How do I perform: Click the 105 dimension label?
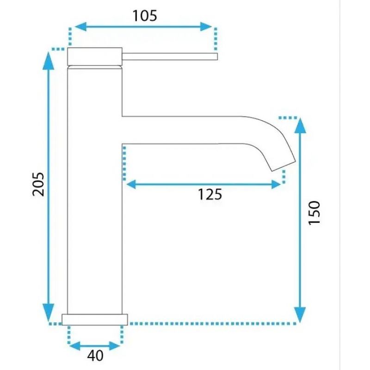click(145, 16)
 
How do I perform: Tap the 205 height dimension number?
click(38, 184)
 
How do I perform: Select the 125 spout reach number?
click(210, 194)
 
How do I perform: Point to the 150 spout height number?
click(314, 213)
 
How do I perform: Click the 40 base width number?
click(95, 356)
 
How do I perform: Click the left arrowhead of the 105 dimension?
click(80, 26)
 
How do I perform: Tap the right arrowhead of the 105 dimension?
click(206, 26)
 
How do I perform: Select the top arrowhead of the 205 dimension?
click(49, 61)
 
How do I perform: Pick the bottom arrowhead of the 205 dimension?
click(49, 313)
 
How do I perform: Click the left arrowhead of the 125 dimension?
click(131, 184)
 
